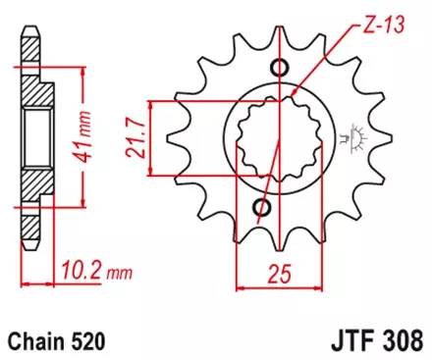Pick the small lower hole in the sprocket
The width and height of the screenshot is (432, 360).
pyautogui.click(x=262, y=207)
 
